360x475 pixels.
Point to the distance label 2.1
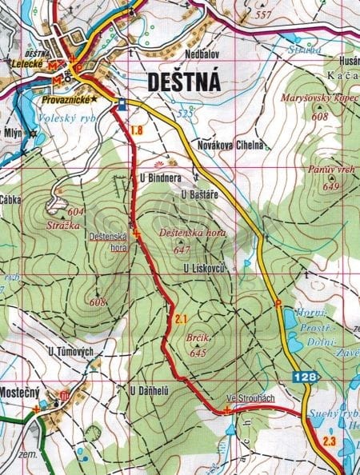click(x=180, y=320)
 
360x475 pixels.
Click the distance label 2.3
click(x=330, y=441)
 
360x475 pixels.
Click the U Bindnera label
click(x=158, y=176)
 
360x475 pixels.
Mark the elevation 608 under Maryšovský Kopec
click(x=320, y=117)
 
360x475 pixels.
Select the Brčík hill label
click(x=195, y=339)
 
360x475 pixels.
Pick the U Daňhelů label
click(x=150, y=390)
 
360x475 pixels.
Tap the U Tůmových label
click(x=71, y=352)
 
